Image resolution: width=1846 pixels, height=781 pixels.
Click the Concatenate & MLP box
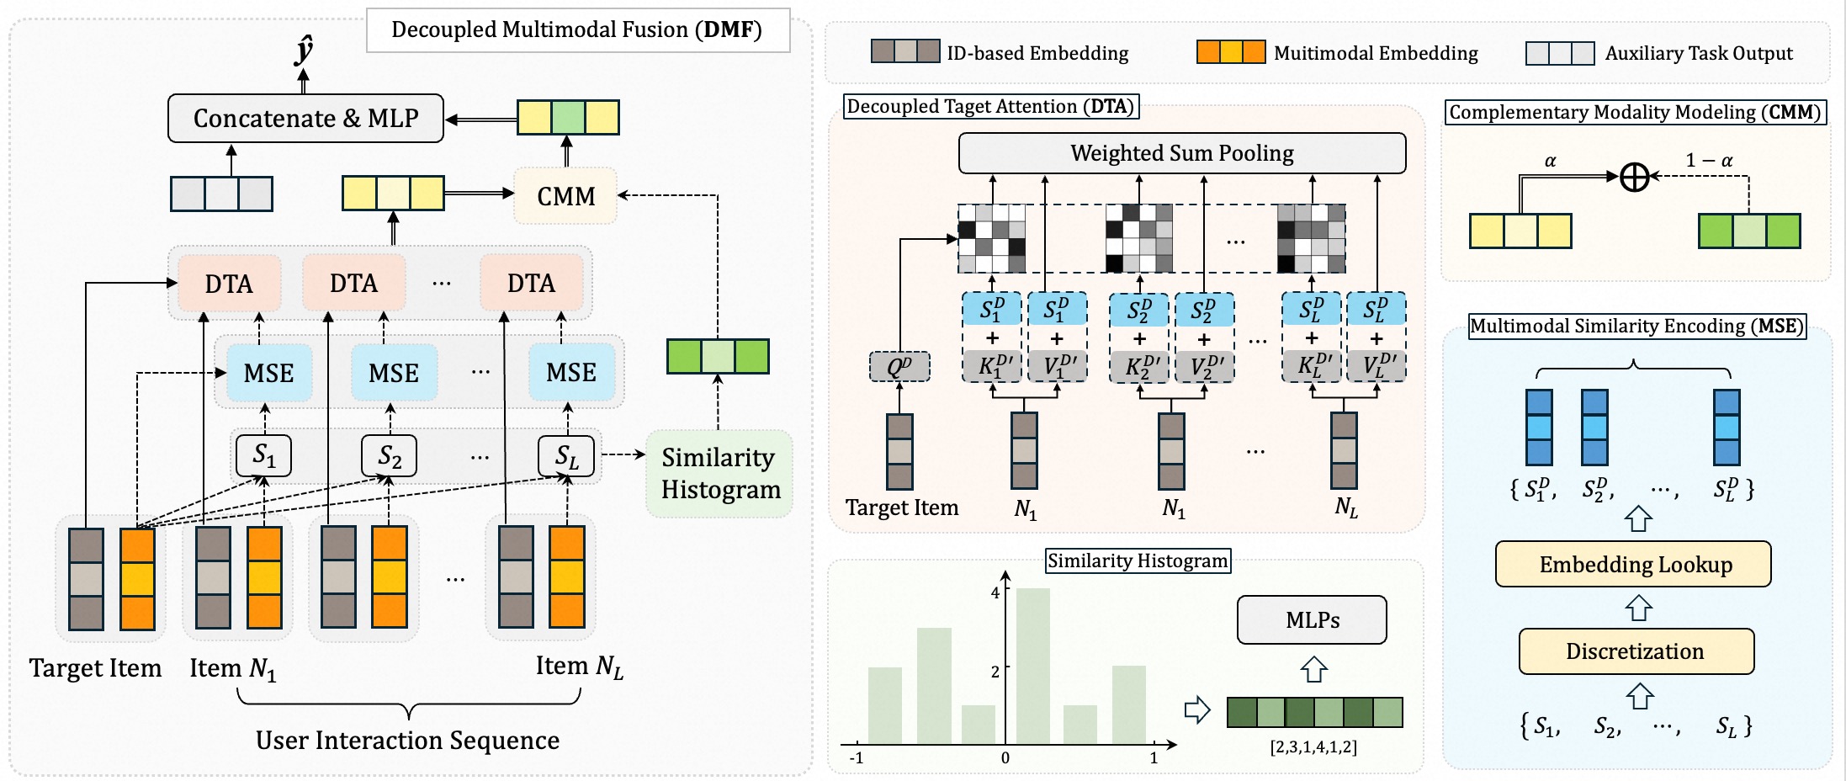click(x=305, y=118)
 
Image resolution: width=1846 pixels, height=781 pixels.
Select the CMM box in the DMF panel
click(x=565, y=196)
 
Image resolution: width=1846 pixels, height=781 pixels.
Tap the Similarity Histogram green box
click(x=719, y=473)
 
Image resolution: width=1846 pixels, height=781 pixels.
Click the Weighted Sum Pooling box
click(x=1181, y=153)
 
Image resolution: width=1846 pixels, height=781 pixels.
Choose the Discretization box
click(x=1636, y=651)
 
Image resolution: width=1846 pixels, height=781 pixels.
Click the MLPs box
click(x=1312, y=620)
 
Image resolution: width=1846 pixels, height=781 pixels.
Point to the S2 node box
click(x=389, y=456)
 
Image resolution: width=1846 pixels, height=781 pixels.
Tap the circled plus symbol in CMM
click(x=1634, y=177)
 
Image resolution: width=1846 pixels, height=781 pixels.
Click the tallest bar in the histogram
click(x=1032, y=665)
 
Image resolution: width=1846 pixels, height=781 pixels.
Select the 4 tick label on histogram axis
click(x=995, y=592)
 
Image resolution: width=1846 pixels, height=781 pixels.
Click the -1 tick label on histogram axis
click(x=857, y=757)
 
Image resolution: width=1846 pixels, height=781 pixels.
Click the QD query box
click(x=899, y=367)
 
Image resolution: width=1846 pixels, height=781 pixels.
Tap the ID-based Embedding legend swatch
click(x=904, y=52)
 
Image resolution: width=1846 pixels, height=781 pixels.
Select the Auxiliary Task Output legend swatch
click(x=1559, y=53)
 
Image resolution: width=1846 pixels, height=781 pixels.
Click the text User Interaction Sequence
click(x=407, y=741)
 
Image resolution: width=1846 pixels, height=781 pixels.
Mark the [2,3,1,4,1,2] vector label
click(x=1313, y=746)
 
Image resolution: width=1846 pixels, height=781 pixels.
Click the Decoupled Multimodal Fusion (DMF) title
click(x=577, y=30)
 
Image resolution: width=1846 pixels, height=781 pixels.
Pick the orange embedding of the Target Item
click(x=137, y=579)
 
